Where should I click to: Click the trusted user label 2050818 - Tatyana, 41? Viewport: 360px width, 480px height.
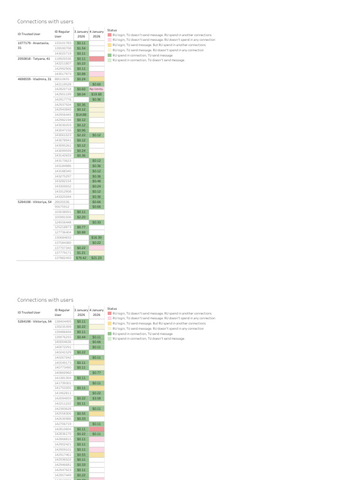[x=33, y=59]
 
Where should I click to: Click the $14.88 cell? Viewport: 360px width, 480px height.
[x=81, y=114]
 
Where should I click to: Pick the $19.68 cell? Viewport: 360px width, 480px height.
[x=97, y=94]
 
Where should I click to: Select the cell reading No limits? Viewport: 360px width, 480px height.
[x=97, y=89]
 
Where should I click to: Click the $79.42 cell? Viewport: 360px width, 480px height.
[x=81, y=258]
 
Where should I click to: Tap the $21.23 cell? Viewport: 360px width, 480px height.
[x=97, y=258]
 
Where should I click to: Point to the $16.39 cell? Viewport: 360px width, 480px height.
[x=97, y=238]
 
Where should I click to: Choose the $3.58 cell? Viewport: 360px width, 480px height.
[x=97, y=398]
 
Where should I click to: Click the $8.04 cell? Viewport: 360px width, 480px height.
[x=81, y=94]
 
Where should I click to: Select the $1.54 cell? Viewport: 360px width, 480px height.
[x=81, y=48]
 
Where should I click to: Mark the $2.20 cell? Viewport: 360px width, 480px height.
[x=81, y=217]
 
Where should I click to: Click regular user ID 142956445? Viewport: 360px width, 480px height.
[x=63, y=114]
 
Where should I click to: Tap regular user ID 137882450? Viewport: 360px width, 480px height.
[x=63, y=258]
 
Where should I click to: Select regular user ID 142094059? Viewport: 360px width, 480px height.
[x=63, y=398]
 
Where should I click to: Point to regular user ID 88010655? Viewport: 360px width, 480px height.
[x=63, y=79]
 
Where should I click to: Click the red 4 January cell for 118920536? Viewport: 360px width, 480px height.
[x=97, y=59]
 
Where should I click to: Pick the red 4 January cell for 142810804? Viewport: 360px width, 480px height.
[x=97, y=429]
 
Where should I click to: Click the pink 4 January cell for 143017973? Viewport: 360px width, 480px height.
[x=97, y=74]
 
